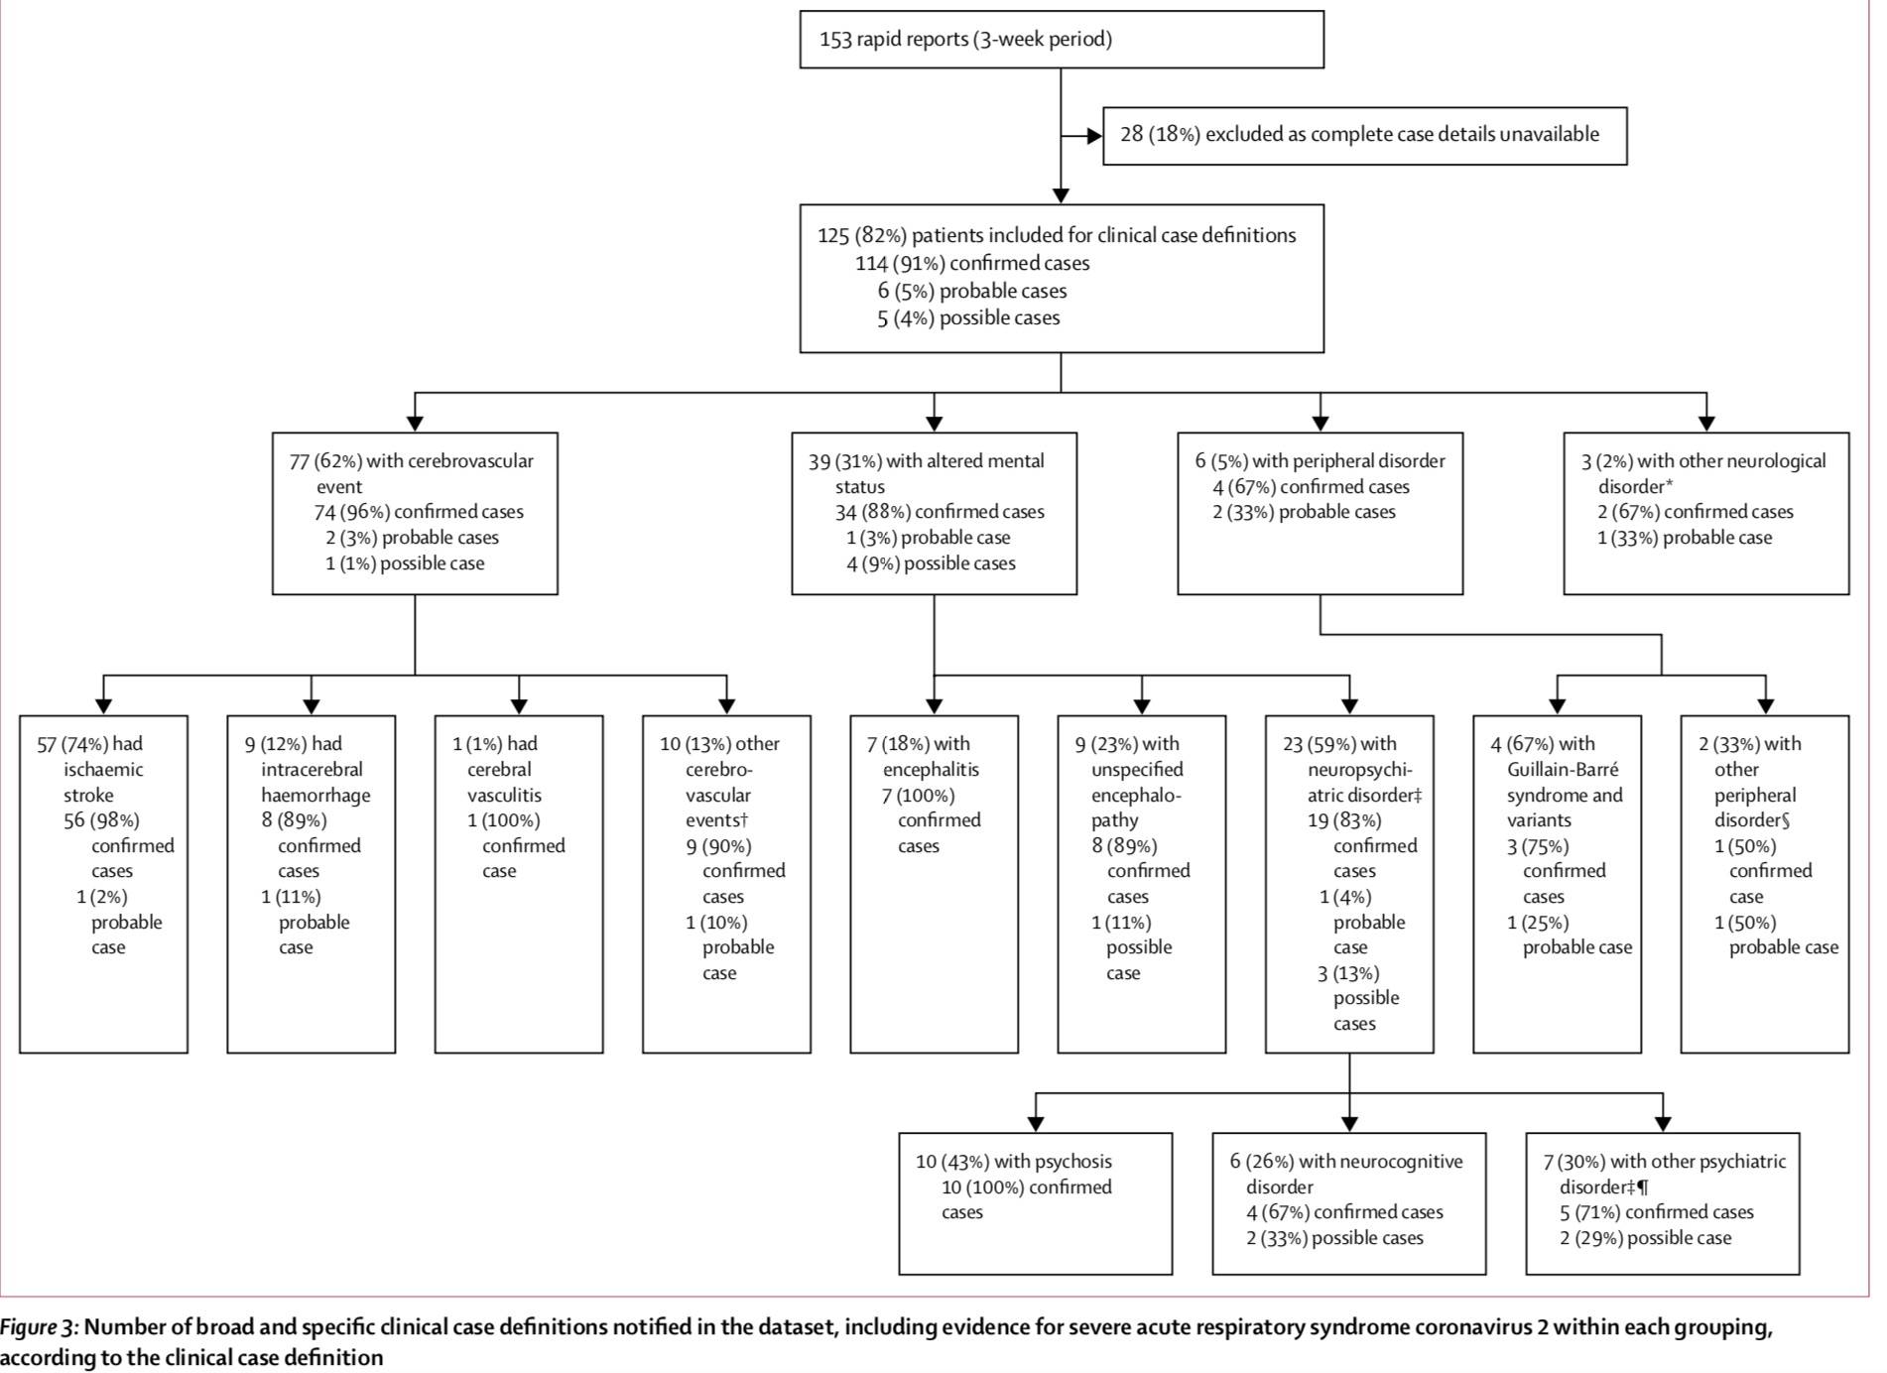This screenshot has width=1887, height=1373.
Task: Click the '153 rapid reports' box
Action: tap(1062, 40)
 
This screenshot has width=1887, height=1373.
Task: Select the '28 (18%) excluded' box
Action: tap(1364, 136)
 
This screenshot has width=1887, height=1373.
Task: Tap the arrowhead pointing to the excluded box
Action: tap(1094, 136)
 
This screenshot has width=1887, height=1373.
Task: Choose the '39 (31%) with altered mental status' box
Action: tap(934, 514)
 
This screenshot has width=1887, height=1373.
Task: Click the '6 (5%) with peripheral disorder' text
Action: tap(1320, 461)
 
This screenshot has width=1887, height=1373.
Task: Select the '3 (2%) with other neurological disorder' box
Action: tap(1705, 514)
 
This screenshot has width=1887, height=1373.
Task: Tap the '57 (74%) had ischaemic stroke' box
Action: tap(103, 884)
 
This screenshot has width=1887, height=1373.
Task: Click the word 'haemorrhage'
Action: tap(315, 796)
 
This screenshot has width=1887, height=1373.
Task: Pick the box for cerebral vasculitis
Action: tap(519, 884)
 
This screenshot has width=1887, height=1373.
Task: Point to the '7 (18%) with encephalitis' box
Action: tap(934, 884)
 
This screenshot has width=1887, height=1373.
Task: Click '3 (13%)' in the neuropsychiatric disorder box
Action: tap(1348, 973)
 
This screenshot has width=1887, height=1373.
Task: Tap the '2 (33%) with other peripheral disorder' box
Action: tap(1764, 884)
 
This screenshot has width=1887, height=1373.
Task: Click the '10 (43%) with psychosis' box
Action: tap(1035, 1203)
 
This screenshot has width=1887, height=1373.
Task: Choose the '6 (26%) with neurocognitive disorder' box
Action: tap(1348, 1203)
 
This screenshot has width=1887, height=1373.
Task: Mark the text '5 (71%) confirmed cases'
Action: tap(1657, 1212)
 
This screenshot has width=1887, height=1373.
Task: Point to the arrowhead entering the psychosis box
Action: tap(1036, 1124)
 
